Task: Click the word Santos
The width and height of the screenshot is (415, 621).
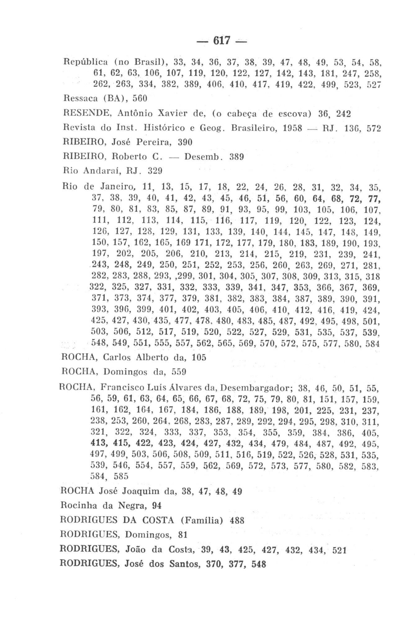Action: pyautogui.click(x=183, y=564)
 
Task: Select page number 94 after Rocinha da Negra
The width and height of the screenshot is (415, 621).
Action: pyautogui.click(x=157, y=506)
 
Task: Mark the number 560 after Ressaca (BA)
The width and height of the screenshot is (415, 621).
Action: pyautogui.click(x=140, y=98)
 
